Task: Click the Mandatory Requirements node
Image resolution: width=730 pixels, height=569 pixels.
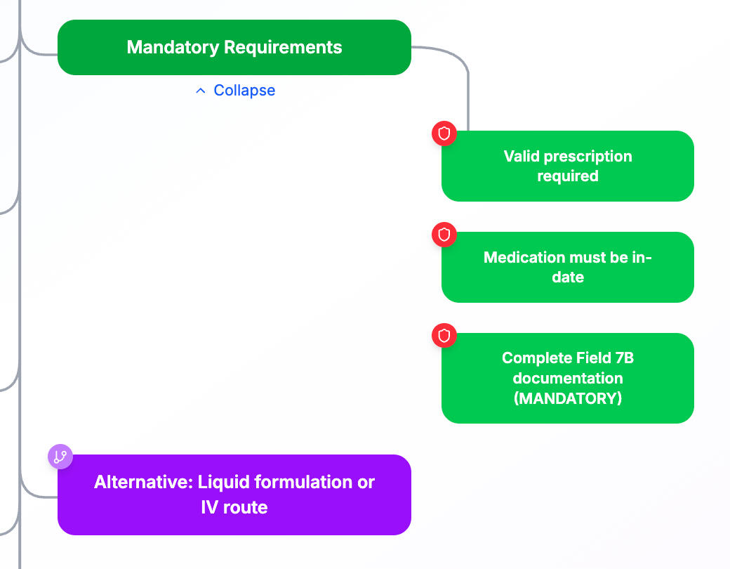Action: (x=234, y=47)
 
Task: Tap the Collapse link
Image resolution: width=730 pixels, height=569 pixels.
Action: (x=244, y=91)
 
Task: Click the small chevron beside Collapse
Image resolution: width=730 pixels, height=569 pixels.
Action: (x=201, y=91)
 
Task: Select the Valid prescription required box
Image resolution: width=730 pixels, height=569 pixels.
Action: (x=567, y=166)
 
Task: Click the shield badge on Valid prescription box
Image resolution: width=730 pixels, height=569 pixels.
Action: (x=444, y=133)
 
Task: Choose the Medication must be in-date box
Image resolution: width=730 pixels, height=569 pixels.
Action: (x=567, y=267)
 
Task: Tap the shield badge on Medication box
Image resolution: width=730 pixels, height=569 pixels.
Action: (x=444, y=234)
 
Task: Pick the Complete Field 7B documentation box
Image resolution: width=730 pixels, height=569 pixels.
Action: (x=567, y=378)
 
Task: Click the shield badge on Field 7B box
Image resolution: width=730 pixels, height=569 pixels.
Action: (x=444, y=336)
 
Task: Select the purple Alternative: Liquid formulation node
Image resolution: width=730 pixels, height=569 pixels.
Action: (x=234, y=495)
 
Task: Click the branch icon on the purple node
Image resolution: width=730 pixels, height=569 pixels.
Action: (x=60, y=457)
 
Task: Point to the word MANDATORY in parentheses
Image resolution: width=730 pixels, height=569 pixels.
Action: (x=568, y=398)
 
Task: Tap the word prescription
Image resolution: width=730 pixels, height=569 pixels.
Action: (x=590, y=156)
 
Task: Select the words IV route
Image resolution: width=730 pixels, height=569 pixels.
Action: (x=234, y=507)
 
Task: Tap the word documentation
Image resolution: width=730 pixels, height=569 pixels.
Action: (x=568, y=378)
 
